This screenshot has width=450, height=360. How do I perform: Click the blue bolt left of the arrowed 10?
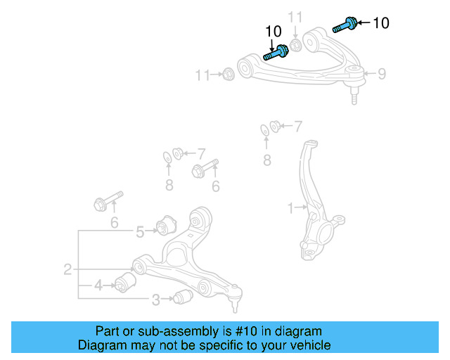[344, 25]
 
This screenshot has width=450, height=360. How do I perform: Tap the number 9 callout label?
[382, 73]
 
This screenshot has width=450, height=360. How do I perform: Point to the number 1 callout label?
[290, 207]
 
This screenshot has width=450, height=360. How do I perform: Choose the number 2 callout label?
[67, 269]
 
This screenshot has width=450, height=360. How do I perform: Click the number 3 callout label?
[155, 300]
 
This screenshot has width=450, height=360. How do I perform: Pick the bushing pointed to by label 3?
[183, 297]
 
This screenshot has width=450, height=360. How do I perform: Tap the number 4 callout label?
[98, 285]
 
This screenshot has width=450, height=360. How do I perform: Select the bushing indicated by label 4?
[126, 283]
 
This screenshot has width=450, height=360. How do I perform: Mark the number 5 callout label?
[140, 231]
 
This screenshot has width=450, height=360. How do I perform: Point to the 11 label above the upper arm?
[296, 16]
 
